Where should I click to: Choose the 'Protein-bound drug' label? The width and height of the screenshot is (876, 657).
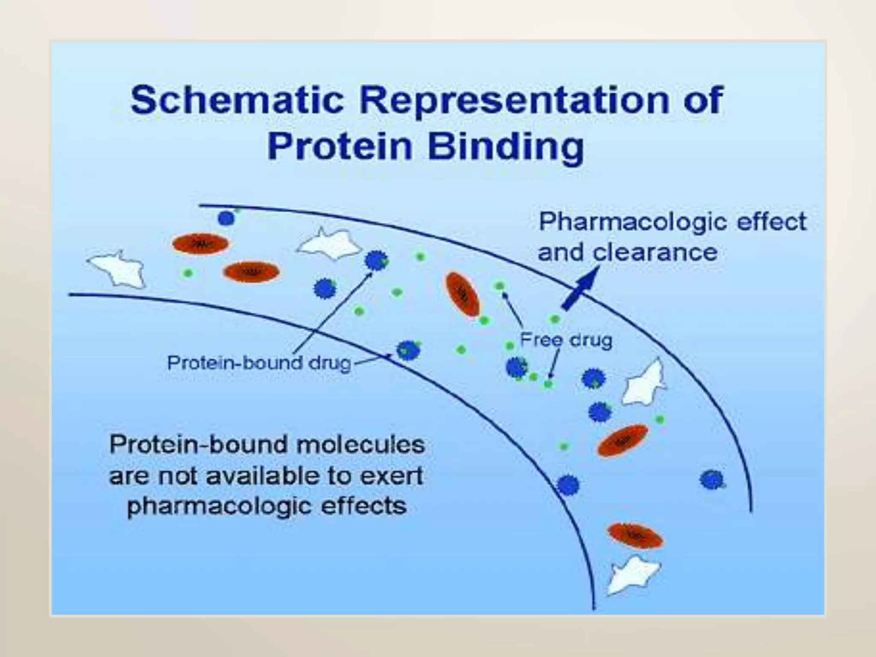coord(259,363)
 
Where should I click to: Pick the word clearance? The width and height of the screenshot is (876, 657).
coord(655,252)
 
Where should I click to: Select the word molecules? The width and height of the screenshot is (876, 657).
coord(360,445)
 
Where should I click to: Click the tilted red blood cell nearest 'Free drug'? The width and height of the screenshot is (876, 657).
coord(462,294)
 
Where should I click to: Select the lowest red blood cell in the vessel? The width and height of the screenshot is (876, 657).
coord(635,535)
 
